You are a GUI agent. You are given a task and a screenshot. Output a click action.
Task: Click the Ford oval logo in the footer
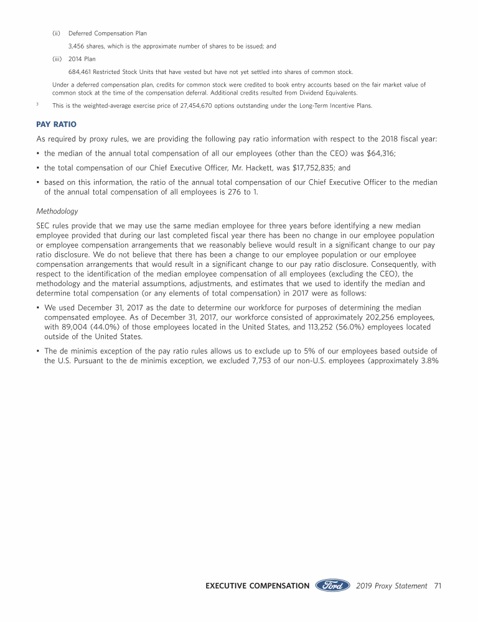pos(332,585)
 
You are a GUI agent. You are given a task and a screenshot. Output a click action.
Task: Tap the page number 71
pos(437,586)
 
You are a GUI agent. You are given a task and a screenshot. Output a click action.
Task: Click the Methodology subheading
pos(57,211)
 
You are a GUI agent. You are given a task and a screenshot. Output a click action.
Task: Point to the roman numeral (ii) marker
pos(56,33)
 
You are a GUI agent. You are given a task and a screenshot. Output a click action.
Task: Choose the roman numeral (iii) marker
pos(57,59)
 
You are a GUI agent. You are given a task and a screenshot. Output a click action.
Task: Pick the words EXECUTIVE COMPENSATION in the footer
pos(257,586)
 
